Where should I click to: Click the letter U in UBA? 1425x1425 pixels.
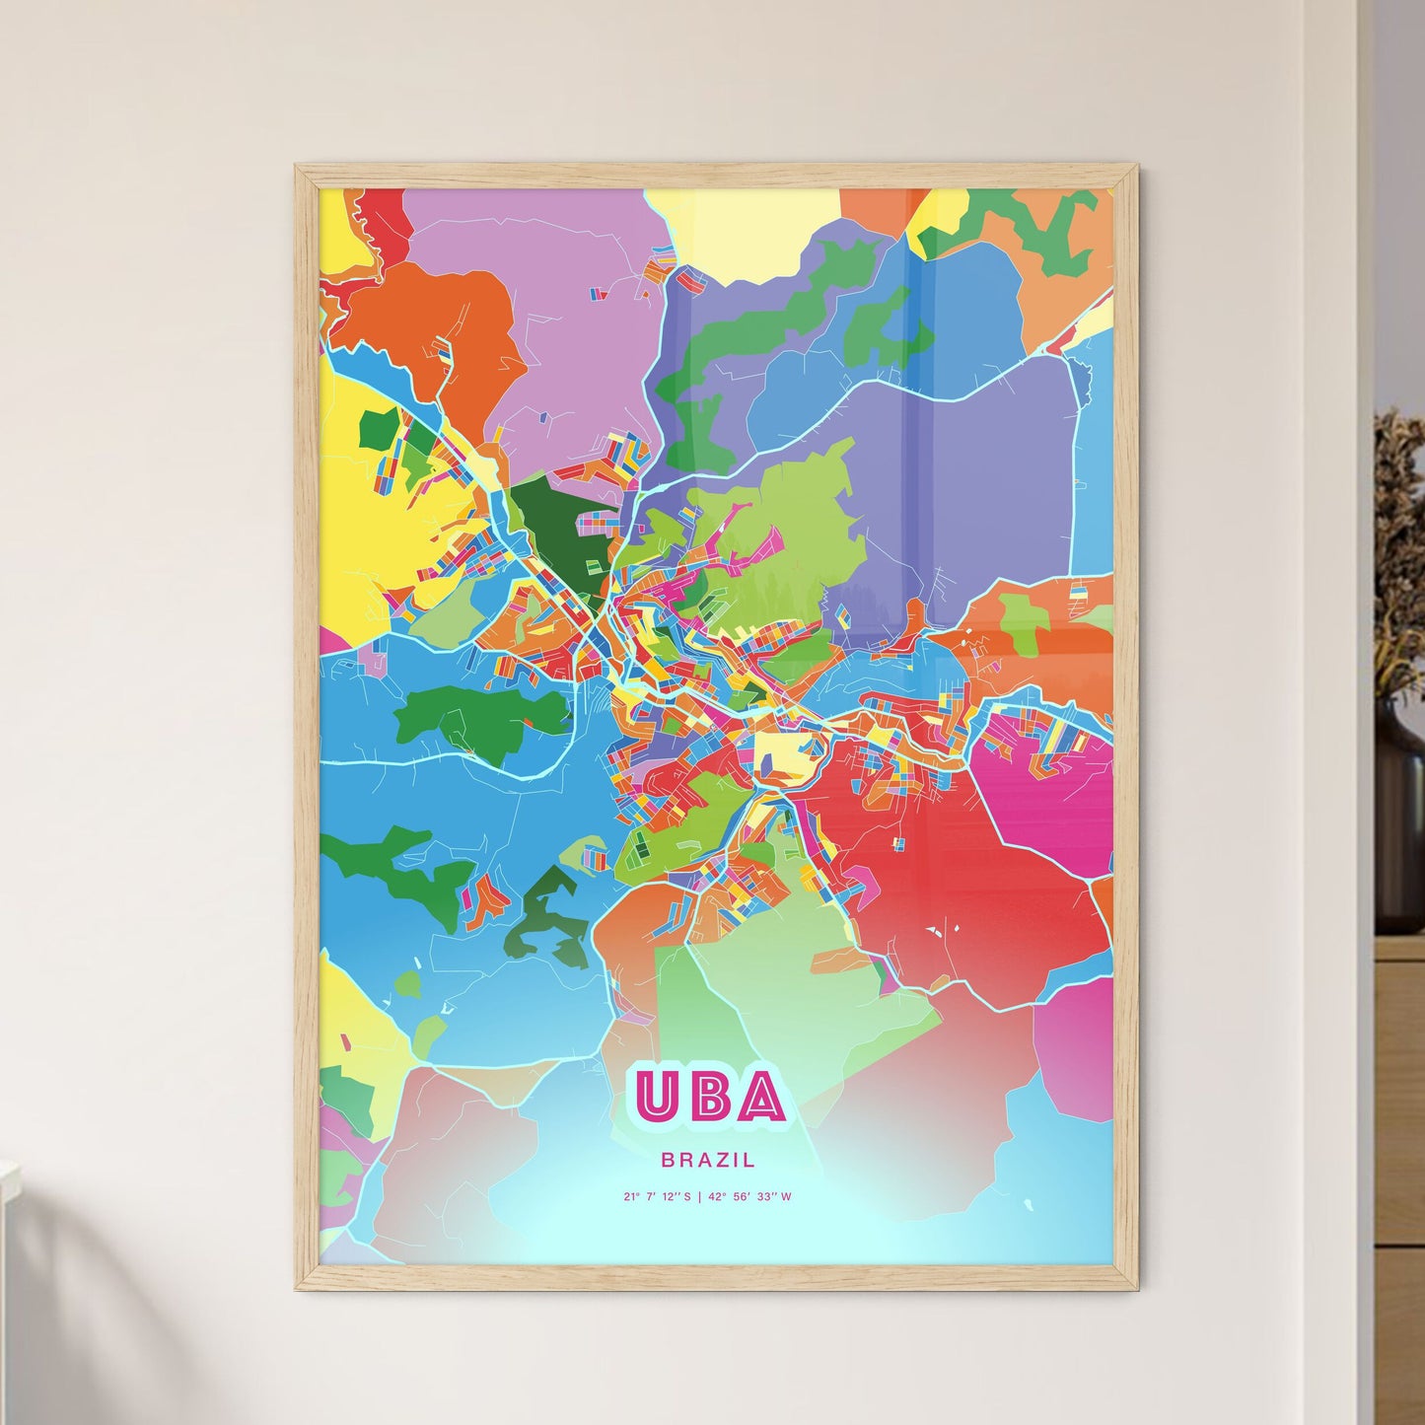(656, 1097)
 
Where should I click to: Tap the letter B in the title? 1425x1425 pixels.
(709, 1097)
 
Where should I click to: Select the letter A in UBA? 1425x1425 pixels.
(761, 1097)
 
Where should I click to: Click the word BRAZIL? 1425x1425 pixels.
(709, 1160)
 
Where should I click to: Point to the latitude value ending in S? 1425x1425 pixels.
(658, 1197)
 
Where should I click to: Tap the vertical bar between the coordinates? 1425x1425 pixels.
(699, 1197)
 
